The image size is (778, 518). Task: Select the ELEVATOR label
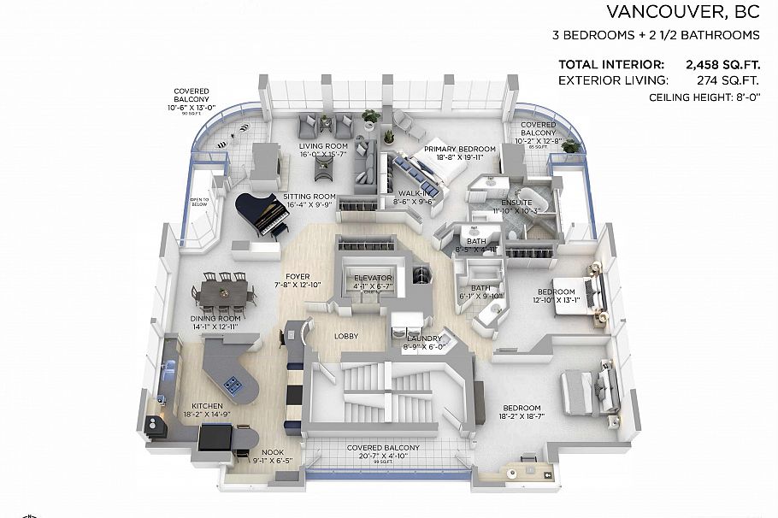click(x=373, y=279)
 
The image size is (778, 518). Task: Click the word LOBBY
click(x=346, y=336)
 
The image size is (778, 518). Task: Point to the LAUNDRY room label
click(x=424, y=338)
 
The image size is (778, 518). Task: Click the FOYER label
click(x=298, y=276)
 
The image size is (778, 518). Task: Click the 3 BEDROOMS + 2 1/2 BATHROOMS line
click(x=656, y=36)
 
